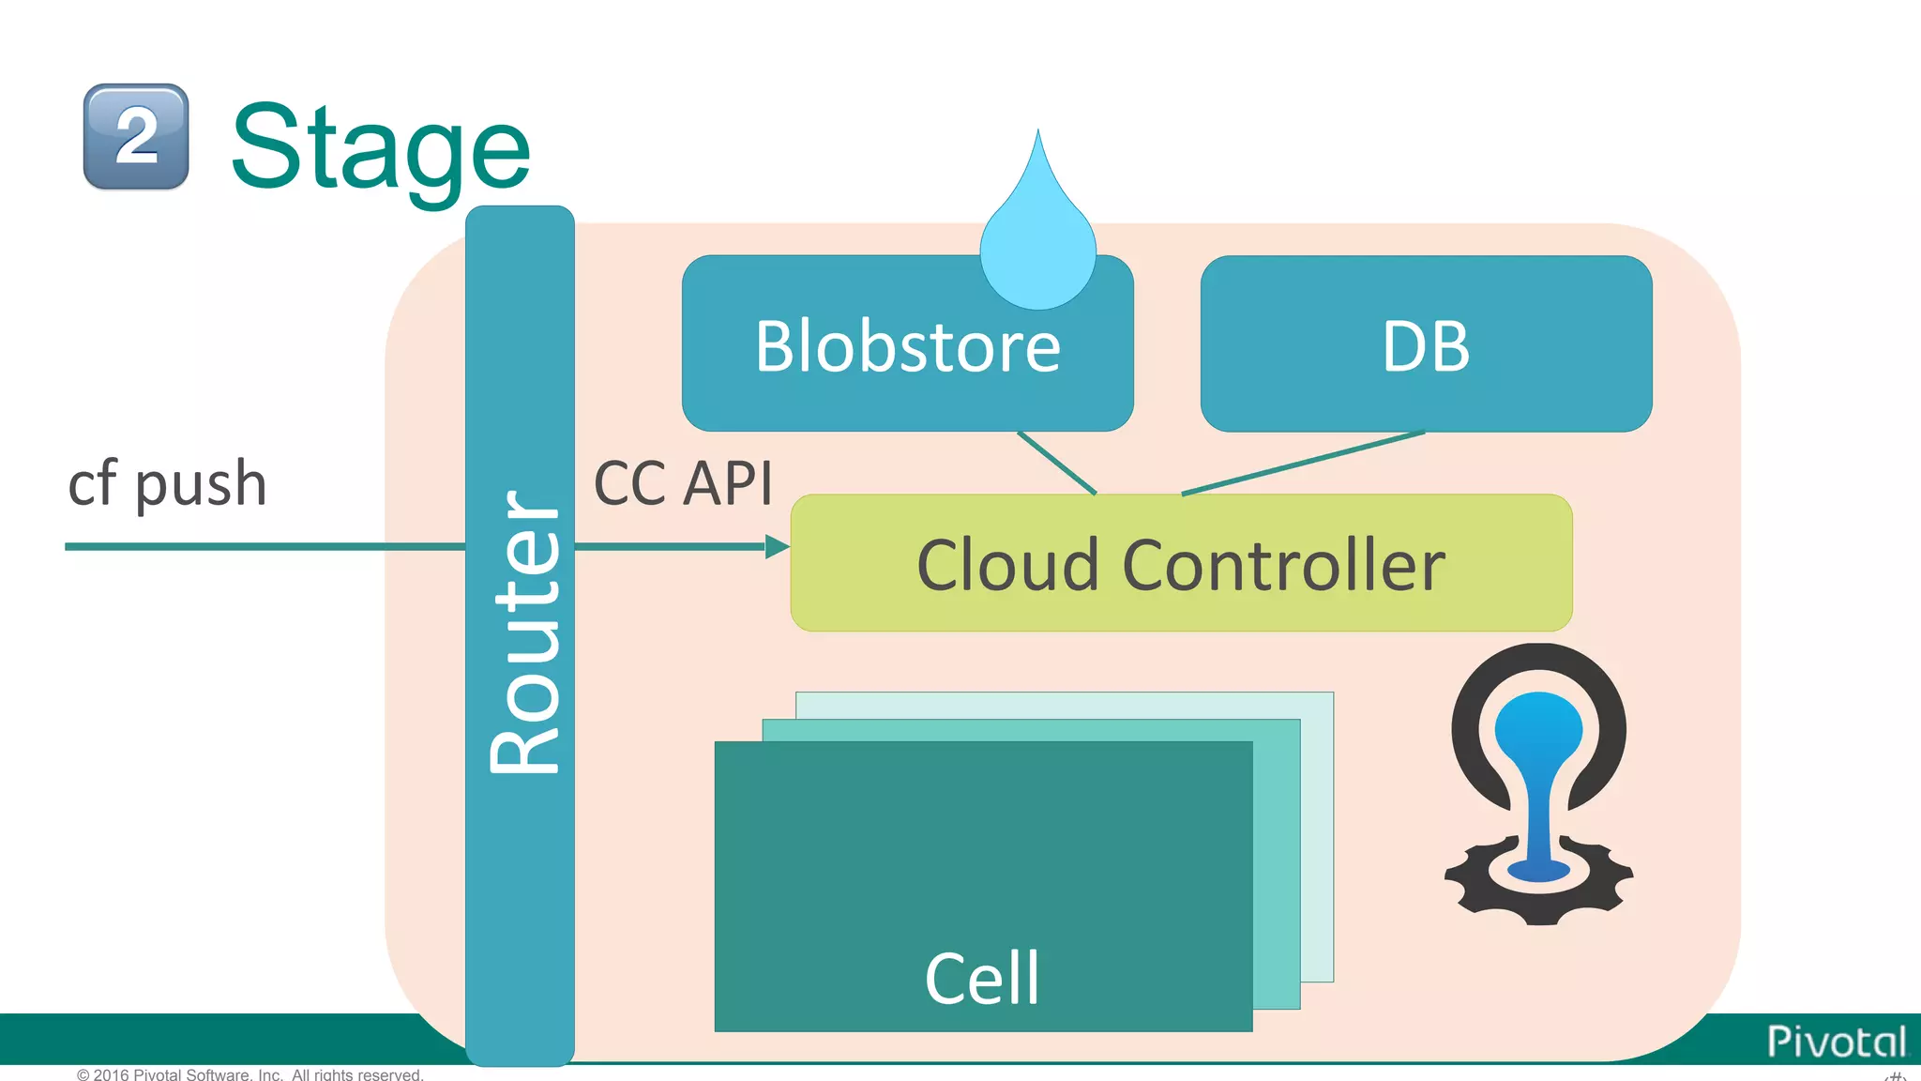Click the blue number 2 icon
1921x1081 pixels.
[x=136, y=137]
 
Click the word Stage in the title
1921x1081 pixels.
[x=380, y=148]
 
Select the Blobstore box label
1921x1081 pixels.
[x=907, y=347]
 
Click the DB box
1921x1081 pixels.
[x=1426, y=344]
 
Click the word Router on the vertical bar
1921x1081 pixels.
[x=523, y=632]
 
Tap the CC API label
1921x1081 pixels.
[x=683, y=484]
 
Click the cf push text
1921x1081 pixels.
[x=168, y=484]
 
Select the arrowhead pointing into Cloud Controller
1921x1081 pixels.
[x=777, y=546]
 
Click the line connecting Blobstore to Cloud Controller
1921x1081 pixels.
[x=1056, y=462]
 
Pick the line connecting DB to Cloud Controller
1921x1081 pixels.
[x=1304, y=463]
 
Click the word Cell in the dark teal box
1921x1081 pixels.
[x=982, y=979]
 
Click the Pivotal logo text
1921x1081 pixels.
[x=1836, y=1042]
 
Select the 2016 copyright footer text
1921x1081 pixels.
[x=250, y=1074]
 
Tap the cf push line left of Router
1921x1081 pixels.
[x=263, y=546]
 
